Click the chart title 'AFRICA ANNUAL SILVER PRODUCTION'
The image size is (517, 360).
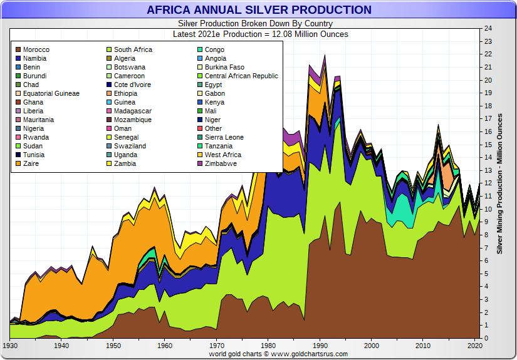click(259, 10)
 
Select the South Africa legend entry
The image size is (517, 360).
click(133, 49)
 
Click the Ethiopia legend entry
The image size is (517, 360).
click(130, 93)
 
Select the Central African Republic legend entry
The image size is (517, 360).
click(241, 76)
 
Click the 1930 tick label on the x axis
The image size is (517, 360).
click(10, 346)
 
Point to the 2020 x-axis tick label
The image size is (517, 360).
click(474, 346)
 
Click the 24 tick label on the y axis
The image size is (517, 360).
click(488, 29)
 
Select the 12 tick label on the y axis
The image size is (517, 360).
click(488, 183)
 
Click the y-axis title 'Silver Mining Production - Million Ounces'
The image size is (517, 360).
click(499, 183)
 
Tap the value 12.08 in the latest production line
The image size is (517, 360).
click(274, 34)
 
